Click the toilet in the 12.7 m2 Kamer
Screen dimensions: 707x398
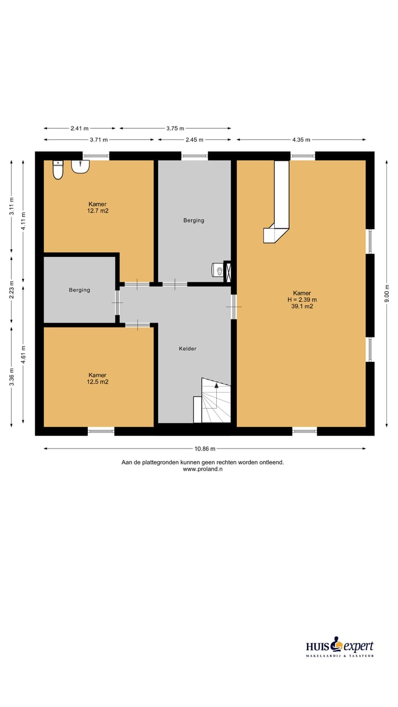click(x=58, y=170)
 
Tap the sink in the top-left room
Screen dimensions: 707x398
click(x=80, y=166)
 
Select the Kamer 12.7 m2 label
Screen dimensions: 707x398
click(x=97, y=207)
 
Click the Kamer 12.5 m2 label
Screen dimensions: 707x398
click(x=97, y=378)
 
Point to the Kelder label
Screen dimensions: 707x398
click(x=187, y=349)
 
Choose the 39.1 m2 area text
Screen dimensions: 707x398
click(x=302, y=307)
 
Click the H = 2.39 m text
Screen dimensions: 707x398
click(x=302, y=300)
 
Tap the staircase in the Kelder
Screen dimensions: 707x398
click(x=216, y=400)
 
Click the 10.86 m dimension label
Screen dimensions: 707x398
click(x=204, y=449)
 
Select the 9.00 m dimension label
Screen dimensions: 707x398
click(x=387, y=294)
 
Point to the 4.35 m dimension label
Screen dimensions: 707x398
click(x=301, y=140)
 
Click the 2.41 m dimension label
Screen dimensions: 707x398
click(x=80, y=128)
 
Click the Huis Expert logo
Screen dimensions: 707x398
click(x=340, y=647)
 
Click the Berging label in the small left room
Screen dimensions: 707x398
click(x=79, y=290)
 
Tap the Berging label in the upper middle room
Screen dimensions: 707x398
click(x=193, y=220)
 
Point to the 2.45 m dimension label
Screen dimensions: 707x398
click(x=194, y=140)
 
